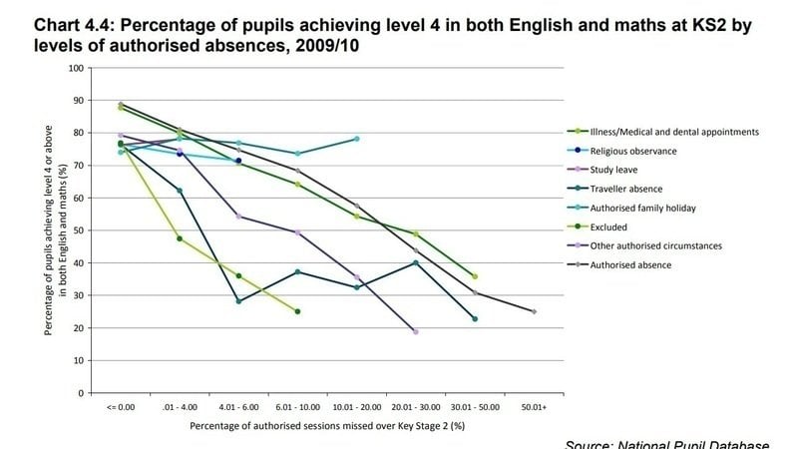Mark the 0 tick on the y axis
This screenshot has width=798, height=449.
pos(81,393)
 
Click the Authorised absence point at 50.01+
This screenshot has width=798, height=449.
pos(534,311)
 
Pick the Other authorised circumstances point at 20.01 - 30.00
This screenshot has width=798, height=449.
pos(415,331)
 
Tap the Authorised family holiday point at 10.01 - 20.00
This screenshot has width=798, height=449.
pos(356,139)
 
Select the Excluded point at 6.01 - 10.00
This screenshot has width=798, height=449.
pos(297,311)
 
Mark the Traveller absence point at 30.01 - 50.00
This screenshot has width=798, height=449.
pos(475,319)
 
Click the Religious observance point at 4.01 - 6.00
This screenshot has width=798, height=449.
pos(238,161)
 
